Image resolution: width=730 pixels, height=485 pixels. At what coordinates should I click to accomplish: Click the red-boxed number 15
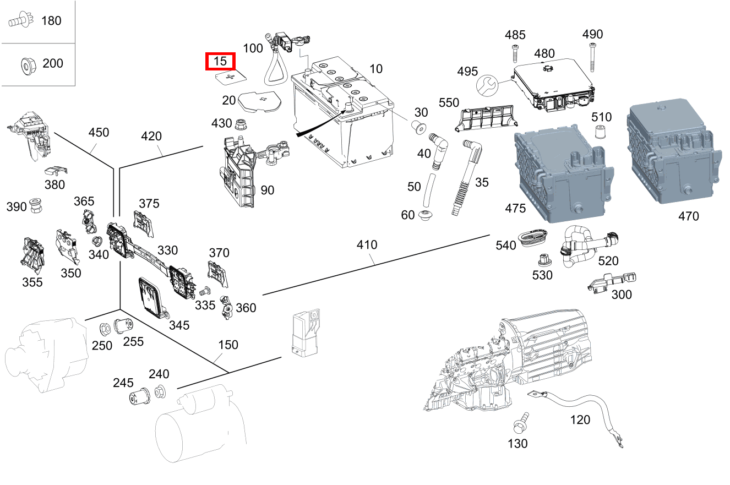pos(220,62)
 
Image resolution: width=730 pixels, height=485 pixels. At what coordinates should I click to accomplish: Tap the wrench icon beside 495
pos(487,85)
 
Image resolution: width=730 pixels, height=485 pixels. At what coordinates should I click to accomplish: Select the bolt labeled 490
pos(592,58)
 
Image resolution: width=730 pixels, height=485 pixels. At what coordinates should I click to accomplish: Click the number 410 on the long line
pos(367,244)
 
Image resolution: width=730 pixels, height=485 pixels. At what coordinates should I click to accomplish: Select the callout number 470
pos(688,216)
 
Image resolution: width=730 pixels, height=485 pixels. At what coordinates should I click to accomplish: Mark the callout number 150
pos(228,345)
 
